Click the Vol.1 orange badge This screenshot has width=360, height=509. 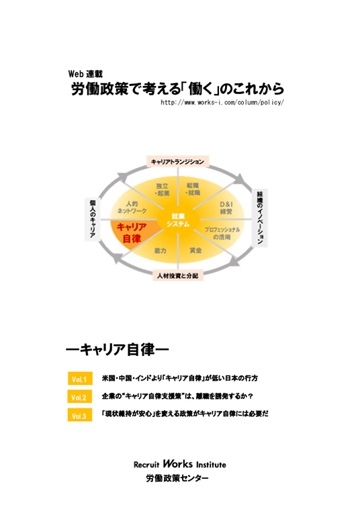(x=80, y=379)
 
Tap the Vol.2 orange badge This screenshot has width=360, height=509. (x=80, y=397)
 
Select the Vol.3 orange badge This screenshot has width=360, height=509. (x=80, y=415)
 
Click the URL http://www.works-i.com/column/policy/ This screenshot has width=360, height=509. (x=222, y=103)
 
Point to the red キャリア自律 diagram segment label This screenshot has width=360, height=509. (x=132, y=233)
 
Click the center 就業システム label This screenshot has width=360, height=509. (x=178, y=220)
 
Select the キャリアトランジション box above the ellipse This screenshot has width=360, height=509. (x=177, y=162)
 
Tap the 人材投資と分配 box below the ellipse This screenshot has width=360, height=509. (x=177, y=275)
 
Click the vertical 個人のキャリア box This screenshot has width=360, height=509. (x=93, y=219)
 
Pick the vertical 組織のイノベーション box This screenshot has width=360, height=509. (x=260, y=218)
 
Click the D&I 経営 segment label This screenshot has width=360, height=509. (x=226, y=207)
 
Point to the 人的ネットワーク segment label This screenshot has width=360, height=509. (x=132, y=207)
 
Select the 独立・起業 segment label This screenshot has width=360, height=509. (x=162, y=189)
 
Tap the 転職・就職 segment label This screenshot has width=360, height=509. (x=193, y=189)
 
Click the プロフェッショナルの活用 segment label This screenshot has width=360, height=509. (x=222, y=233)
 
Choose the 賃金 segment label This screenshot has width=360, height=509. (x=195, y=250)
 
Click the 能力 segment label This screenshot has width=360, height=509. (x=161, y=250)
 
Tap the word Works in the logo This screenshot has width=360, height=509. (x=177, y=463)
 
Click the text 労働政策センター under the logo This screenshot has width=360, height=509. (x=177, y=478)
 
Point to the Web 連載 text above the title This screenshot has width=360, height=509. (x=85, y=74)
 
